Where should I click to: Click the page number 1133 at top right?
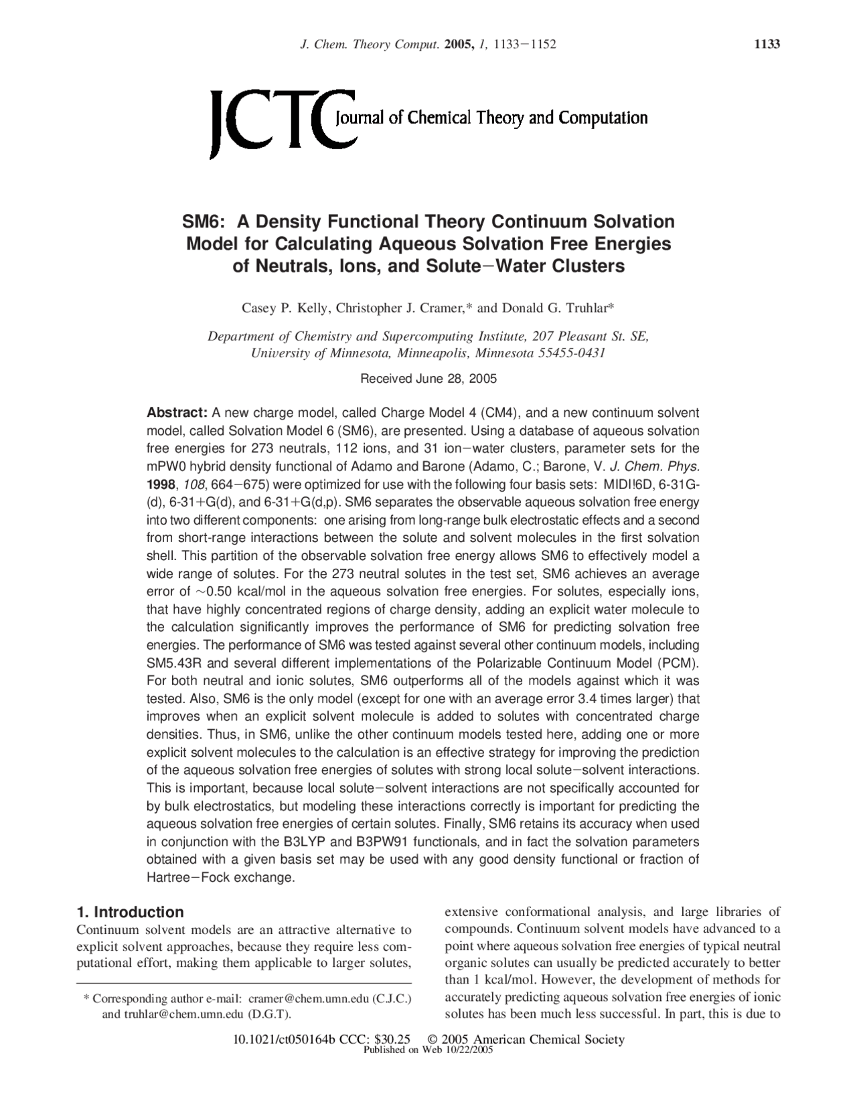coord(767,44)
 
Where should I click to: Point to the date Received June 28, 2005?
coord(428,379)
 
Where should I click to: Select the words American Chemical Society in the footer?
coord(548,1039)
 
